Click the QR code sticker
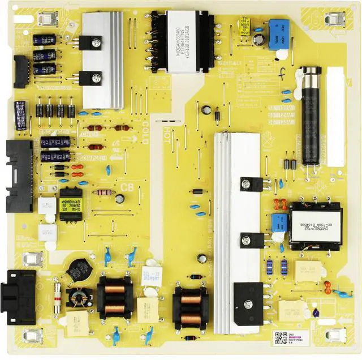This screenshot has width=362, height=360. (x=281, y=337)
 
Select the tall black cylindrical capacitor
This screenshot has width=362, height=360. (x=311, y=116)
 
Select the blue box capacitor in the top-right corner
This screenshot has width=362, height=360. (x=278, y=34)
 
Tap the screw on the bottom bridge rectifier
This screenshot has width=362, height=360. (x=248, y=305)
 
